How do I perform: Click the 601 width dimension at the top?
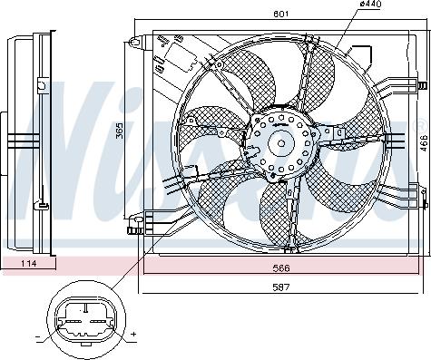point(281,14)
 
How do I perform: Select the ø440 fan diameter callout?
point(370,4)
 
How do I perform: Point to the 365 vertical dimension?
point(120,131)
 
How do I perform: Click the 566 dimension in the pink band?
point(281,268)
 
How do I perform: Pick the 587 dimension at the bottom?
point(281,287)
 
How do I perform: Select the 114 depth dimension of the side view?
point(28,263)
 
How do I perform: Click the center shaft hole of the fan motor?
point(281,143)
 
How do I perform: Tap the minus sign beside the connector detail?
point(38,336)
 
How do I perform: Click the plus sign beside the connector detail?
point(133,335)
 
